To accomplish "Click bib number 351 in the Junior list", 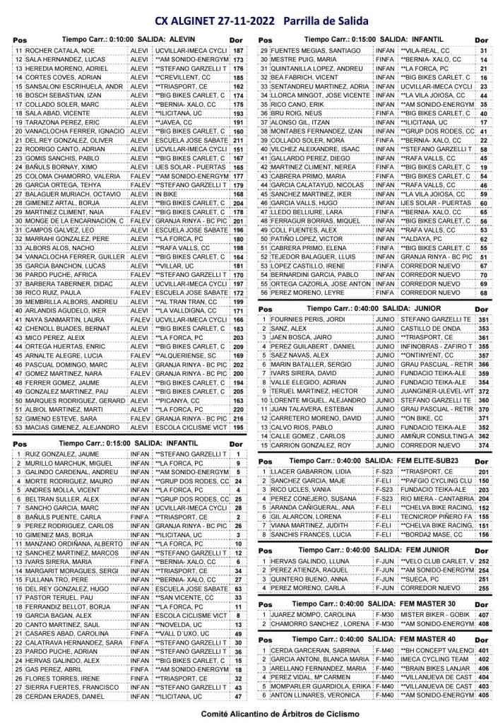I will pyautogui.click(x=483, y=319).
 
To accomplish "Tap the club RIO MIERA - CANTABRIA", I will pyautogui.click(x=436, y=498).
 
